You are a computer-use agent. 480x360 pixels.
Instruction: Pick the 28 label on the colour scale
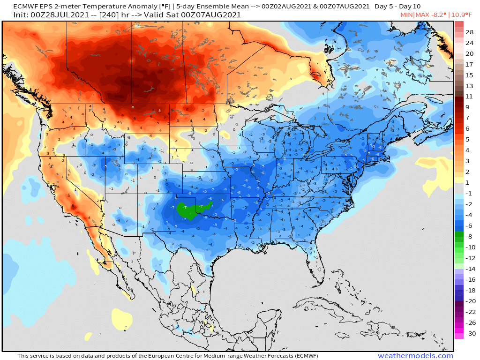coord(470,32)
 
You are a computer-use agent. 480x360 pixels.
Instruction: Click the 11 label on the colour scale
coord(470,97)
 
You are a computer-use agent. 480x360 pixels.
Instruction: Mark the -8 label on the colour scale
coord(470,237)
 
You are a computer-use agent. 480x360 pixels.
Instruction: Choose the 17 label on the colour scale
coord(470,64)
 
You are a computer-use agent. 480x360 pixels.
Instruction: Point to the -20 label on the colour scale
coord(470,301)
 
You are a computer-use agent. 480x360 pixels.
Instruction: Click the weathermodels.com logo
coord(415,356)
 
